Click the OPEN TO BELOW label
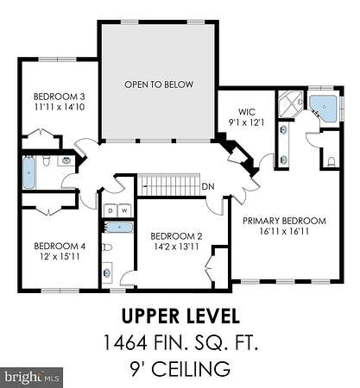159,84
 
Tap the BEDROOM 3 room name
60,97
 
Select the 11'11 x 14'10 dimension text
60,107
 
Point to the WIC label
247,111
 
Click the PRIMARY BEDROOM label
284,221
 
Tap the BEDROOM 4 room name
60,246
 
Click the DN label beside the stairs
208,186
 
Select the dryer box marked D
111,210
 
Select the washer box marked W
124,210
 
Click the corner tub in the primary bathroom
323,108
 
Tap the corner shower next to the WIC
290,103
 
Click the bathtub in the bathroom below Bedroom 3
28,172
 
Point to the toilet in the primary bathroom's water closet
332,161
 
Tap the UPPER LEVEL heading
180,316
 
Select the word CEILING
192,369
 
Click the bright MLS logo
31,378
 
